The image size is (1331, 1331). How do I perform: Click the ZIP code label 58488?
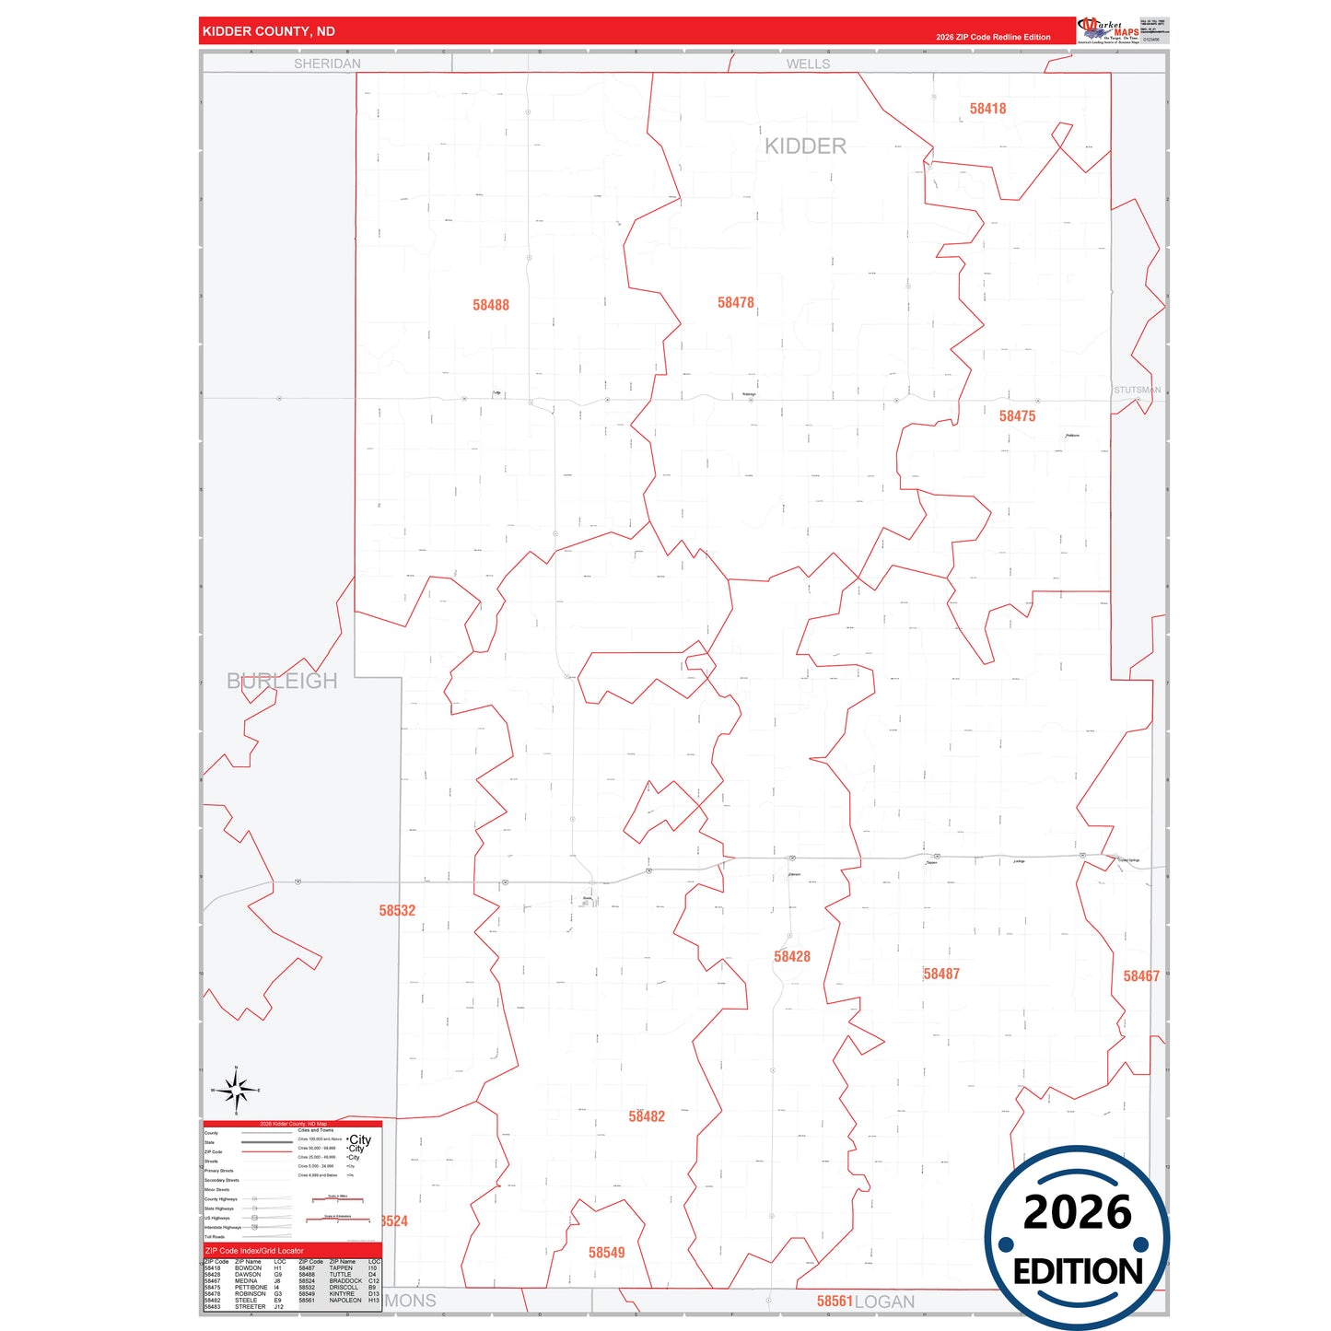(490, 305)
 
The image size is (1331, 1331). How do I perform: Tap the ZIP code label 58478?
(735, 302)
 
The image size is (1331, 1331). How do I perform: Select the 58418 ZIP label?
(987, 109)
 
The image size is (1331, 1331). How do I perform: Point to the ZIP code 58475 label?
(1017, 416)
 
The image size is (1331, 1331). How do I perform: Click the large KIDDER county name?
(805, 146)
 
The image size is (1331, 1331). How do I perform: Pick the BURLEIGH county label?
(282, 681)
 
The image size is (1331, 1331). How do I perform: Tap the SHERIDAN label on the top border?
(327, 64)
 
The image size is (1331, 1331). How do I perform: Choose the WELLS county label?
(808, 64)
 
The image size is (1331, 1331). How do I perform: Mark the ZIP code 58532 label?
(397, 910)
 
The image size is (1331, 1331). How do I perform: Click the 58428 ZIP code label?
(791, 956)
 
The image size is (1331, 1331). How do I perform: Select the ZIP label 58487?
(941, 974)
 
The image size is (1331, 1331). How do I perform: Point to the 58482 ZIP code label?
(647, 1116)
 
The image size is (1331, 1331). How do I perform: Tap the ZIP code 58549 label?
(606, 1253)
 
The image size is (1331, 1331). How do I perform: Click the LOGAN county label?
(884, 1302)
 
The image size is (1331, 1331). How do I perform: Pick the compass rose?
(237, 1091)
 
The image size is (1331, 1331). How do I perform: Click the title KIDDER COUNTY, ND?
(268, 31)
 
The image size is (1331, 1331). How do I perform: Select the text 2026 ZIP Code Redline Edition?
(993, 37)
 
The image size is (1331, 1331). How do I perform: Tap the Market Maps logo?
(1108, 29)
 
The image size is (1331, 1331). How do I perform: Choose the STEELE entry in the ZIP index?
(246, 1301)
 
